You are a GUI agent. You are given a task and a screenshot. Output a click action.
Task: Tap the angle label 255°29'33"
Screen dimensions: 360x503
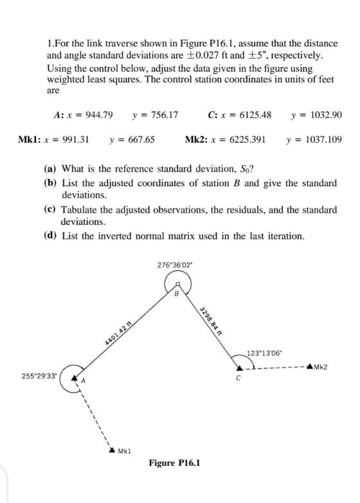[x=38, y=375]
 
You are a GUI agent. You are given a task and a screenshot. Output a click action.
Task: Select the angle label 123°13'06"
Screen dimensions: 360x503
[x=265, y=353]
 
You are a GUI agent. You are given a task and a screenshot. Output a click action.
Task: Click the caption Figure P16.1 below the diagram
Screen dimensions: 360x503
[x=174, y=463]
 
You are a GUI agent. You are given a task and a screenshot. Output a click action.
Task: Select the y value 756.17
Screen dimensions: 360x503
[x=161, y=116]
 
